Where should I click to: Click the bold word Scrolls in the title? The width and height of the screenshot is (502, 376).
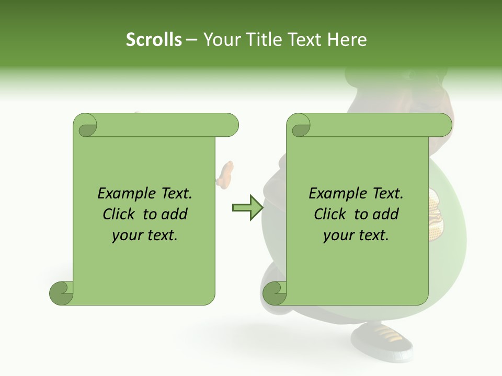pyautogui.click(x=154, y=40)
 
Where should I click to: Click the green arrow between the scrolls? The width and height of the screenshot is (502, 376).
pyautogui.click(x=247, y=207)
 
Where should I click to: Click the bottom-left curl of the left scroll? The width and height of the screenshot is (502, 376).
pyautogui.click(x=61, y=293)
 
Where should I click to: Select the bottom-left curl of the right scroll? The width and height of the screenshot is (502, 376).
pyautogui.click(x=274, y=293)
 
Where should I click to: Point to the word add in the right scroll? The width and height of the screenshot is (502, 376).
pyautogui.click(x=386, y=214)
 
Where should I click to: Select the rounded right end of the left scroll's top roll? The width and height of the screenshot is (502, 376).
pyautogui.click(x=230, y=125)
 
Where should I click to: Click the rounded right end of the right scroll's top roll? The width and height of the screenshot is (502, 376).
pyautogui.click(x=444, y=125)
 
